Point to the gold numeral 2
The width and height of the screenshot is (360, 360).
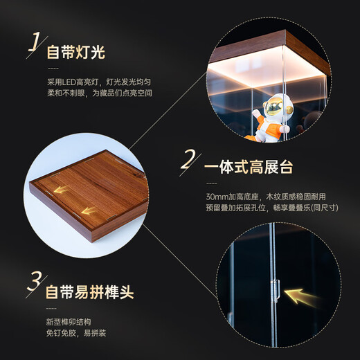[x=187, y=161]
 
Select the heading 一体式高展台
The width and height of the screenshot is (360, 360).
[x=249, y=168]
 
